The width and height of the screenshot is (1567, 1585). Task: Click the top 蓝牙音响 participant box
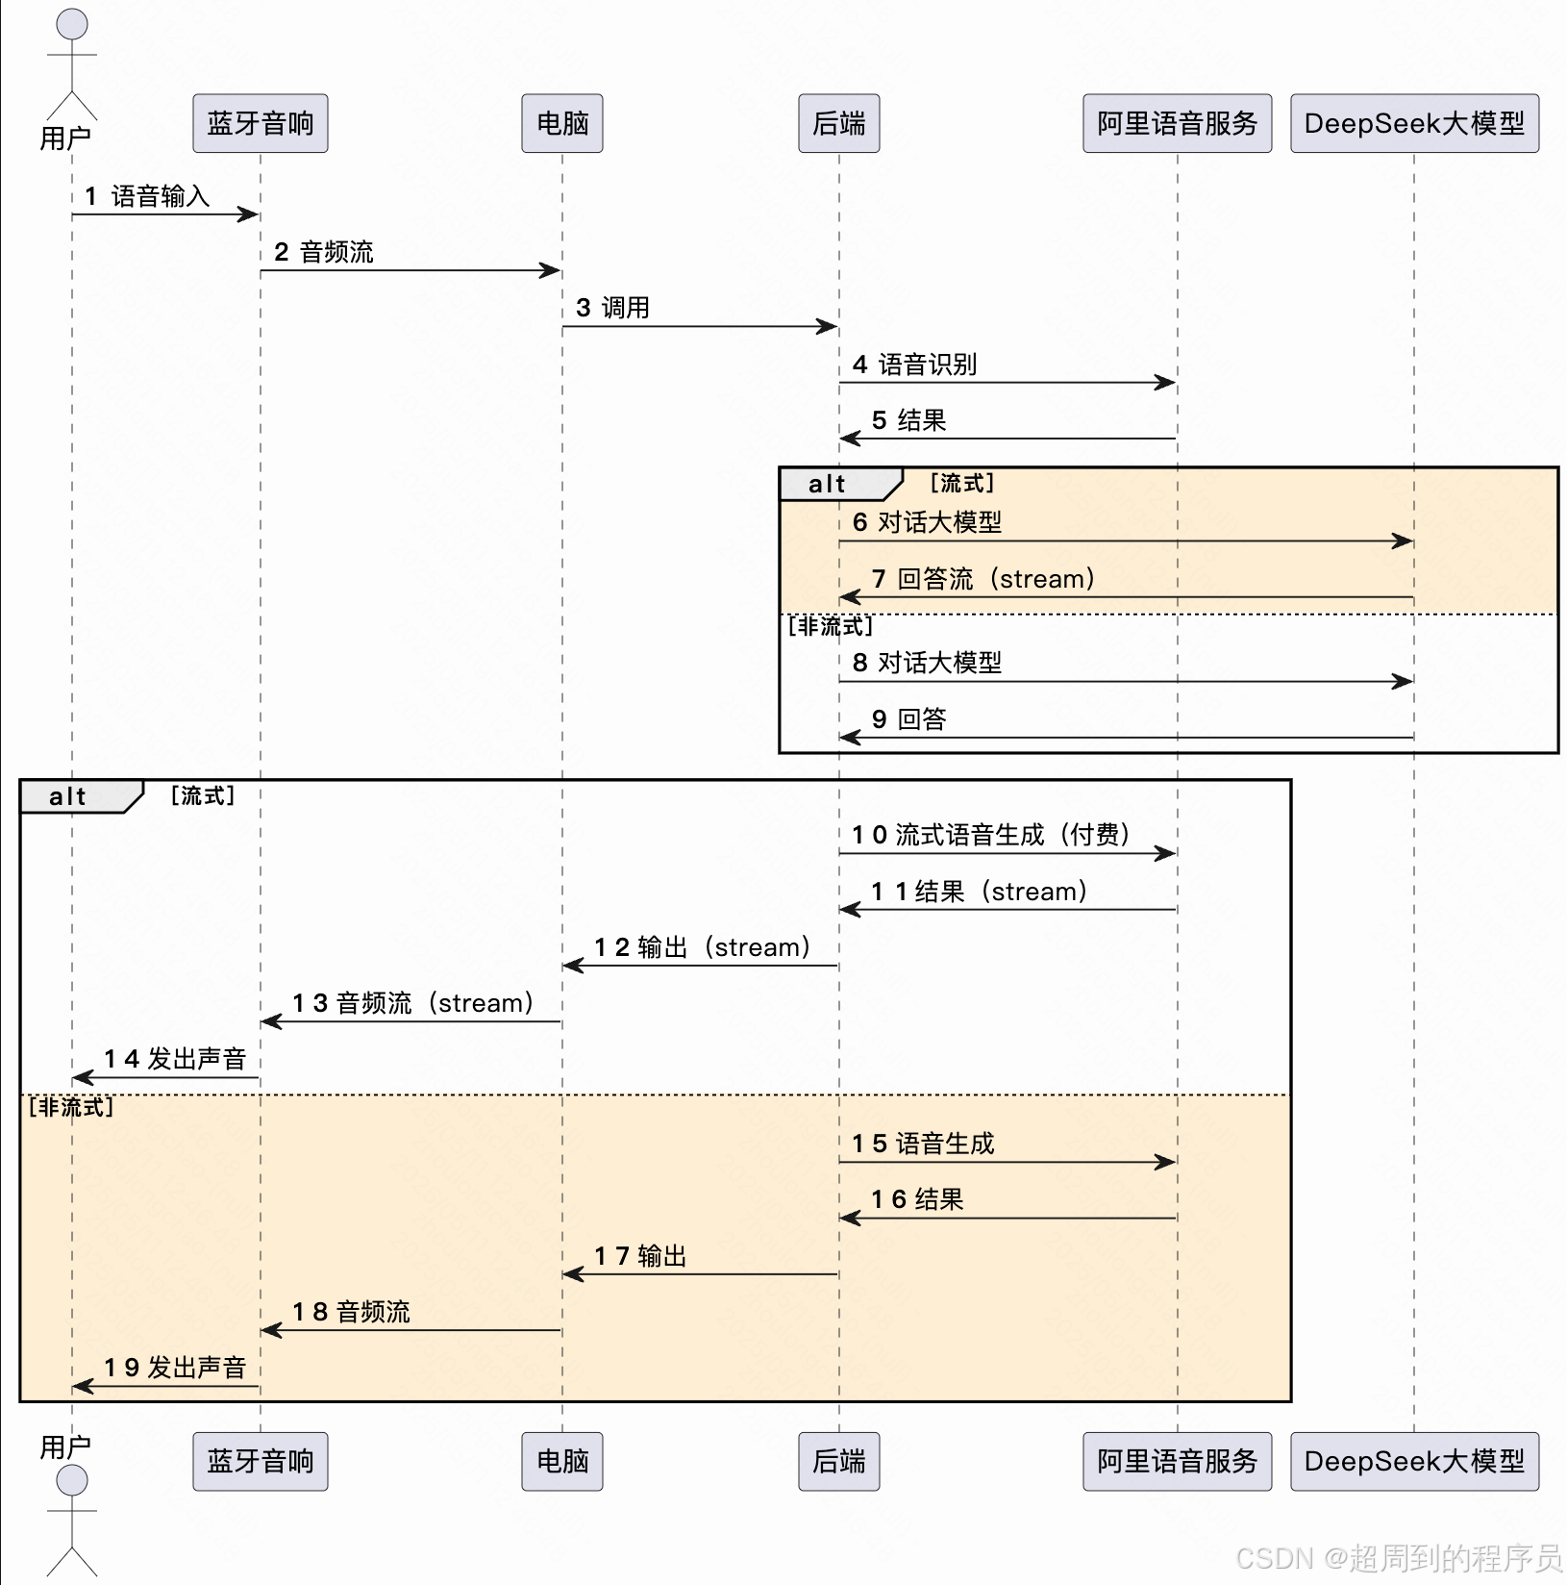click(260, 123)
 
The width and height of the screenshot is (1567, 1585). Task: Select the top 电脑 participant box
click(561, 123)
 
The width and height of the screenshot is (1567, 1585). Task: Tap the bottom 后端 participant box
click(838, 1461)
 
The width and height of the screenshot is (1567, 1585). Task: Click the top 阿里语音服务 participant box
click(1177, 123)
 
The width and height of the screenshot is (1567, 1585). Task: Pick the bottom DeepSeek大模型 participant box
click(1413, 1461)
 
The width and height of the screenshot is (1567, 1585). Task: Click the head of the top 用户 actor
click(72, 24)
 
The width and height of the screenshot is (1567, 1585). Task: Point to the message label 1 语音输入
click(147, 196)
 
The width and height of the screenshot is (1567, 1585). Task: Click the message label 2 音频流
click(324, 252)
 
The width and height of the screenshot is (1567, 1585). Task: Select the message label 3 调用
click(612, 308)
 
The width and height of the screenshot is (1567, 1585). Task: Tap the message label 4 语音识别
click(914, 365)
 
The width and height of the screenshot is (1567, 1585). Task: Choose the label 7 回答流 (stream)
click(982, 579)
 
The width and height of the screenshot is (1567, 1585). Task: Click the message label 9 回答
click(908, 719)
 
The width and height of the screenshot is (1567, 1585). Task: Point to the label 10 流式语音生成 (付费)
click(990, 835)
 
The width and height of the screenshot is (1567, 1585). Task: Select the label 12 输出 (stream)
click(702, 947)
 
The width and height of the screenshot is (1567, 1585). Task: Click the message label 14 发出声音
click(175, 1059)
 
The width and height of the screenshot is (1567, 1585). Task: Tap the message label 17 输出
click(640, 1256)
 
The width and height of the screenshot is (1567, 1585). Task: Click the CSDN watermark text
click(1398, 1557)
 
